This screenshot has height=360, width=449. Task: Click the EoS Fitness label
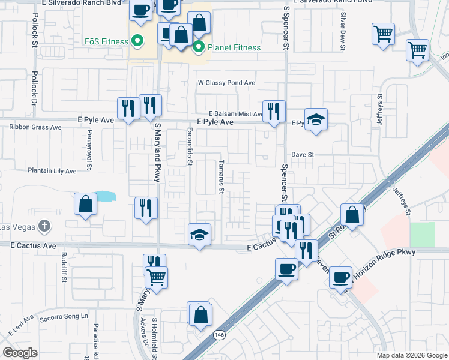click(106, 41)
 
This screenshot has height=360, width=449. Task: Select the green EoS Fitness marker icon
click(137, 41)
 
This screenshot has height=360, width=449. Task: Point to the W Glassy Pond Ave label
click(228, 83)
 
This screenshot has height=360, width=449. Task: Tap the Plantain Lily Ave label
click(52, 171)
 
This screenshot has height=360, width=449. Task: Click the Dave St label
click(303, 154)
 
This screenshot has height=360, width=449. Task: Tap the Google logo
click(20, 353)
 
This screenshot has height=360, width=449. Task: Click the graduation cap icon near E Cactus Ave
click(199, 234)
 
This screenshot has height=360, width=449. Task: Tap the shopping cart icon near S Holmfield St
click(156, 277)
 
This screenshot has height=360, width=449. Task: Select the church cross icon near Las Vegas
click(43, 226)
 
